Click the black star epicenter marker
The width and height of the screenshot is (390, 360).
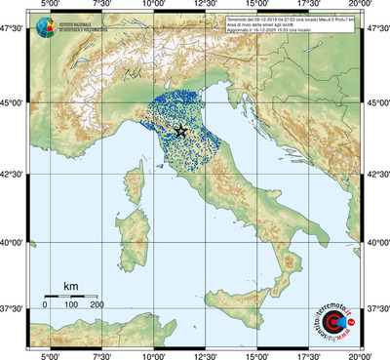(180, 131)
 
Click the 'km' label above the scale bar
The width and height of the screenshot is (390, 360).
(70, 286)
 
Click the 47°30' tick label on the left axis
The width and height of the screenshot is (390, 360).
(13, 32)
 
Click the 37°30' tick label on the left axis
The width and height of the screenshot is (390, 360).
(13, 308)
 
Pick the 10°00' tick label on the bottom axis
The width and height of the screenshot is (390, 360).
(153, 354)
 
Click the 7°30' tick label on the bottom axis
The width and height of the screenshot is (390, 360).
(100, 354)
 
